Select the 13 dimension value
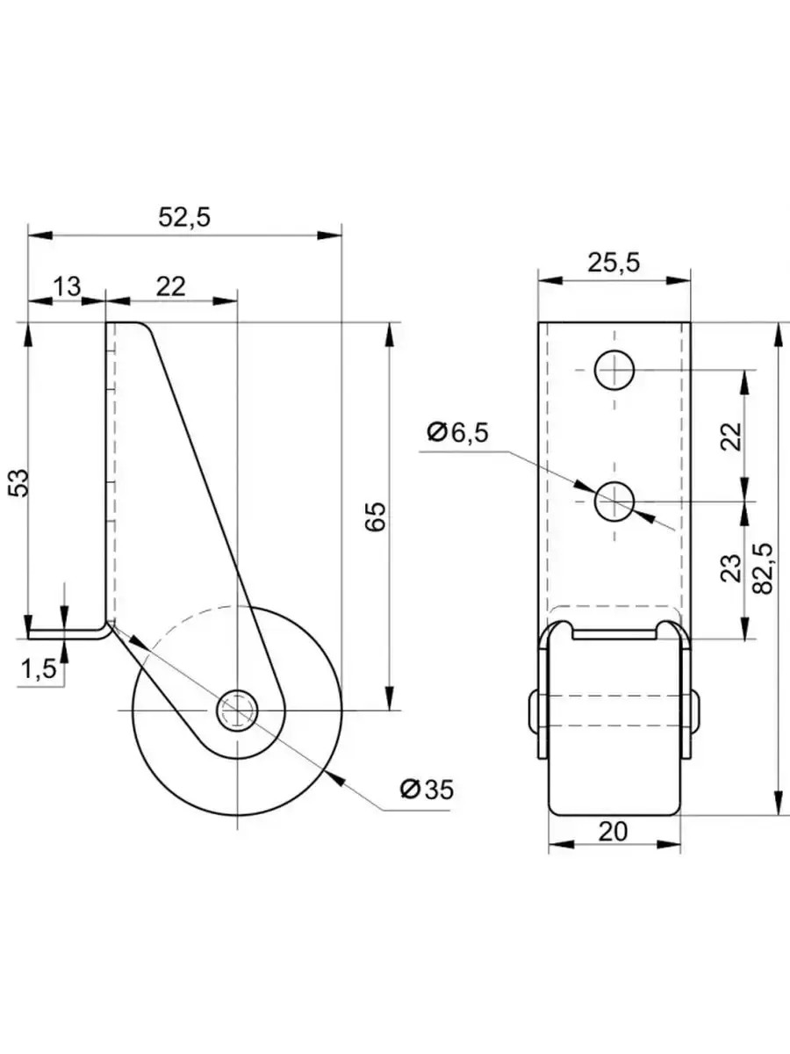[67, 285]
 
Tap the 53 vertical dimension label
[19, 482]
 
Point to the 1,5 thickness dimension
[38, 669]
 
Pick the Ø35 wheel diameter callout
[427, 789]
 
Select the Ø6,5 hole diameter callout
[456, 432]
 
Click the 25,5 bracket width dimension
[614, 262]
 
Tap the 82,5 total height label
[762, 568]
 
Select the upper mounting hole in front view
[615, 370]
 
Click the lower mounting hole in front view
[615, 502]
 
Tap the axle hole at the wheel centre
[237, 709]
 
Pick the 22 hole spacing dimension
[730, 436]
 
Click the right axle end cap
[695, 711]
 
